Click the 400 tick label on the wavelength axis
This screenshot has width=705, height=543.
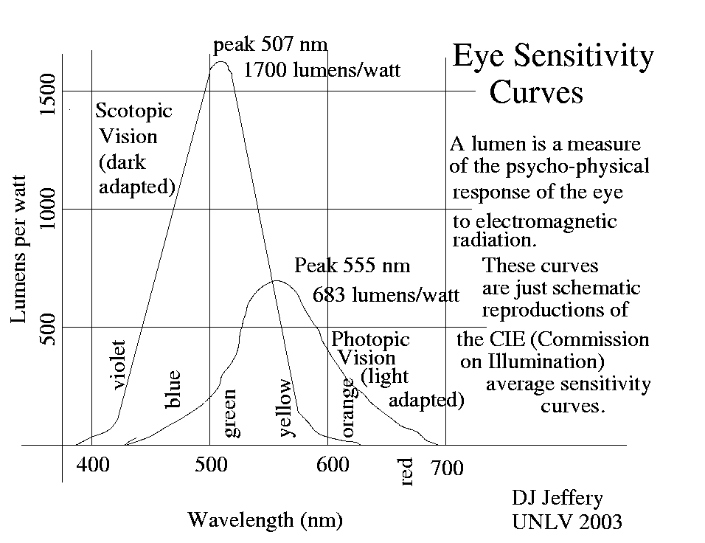click(x=93, y=466)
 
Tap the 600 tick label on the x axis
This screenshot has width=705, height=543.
click(x=333, y=466)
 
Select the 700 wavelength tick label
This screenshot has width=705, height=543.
click(x=447, y=468)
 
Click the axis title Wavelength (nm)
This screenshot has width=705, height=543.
click(x=265, y=520)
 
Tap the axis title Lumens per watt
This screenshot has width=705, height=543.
click(x=20, y=249)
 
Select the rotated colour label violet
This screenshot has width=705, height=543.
click(x=118, y=364)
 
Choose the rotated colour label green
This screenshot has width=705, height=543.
click(x=229, y=412)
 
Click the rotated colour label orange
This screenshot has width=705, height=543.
click(x=348, y=407)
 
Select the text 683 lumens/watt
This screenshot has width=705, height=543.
click(x=386, y=296)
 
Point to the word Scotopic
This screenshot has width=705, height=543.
click(x=133, y=111)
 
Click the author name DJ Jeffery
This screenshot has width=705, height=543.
click(x=557, y=499)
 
